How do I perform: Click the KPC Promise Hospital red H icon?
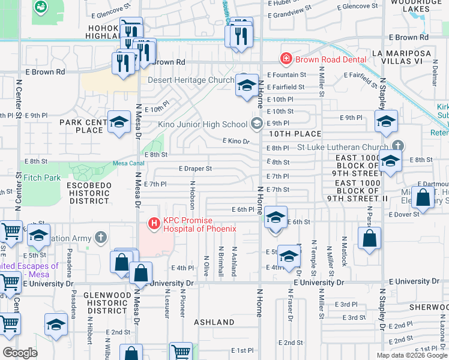(154, 224)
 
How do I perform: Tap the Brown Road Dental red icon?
(286, 59)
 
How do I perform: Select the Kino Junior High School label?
(203, 125)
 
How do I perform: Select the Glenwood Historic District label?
(107, 303)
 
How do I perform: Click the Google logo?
(20, 353)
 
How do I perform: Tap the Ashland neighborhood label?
(214, 322)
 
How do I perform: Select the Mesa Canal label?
(128, 164)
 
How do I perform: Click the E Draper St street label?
(195, 169)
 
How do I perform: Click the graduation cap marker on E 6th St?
(276, 217)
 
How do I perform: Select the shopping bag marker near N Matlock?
(369, 238)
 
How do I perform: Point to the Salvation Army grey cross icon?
(101, 239)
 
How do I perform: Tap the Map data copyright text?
(412, 355)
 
